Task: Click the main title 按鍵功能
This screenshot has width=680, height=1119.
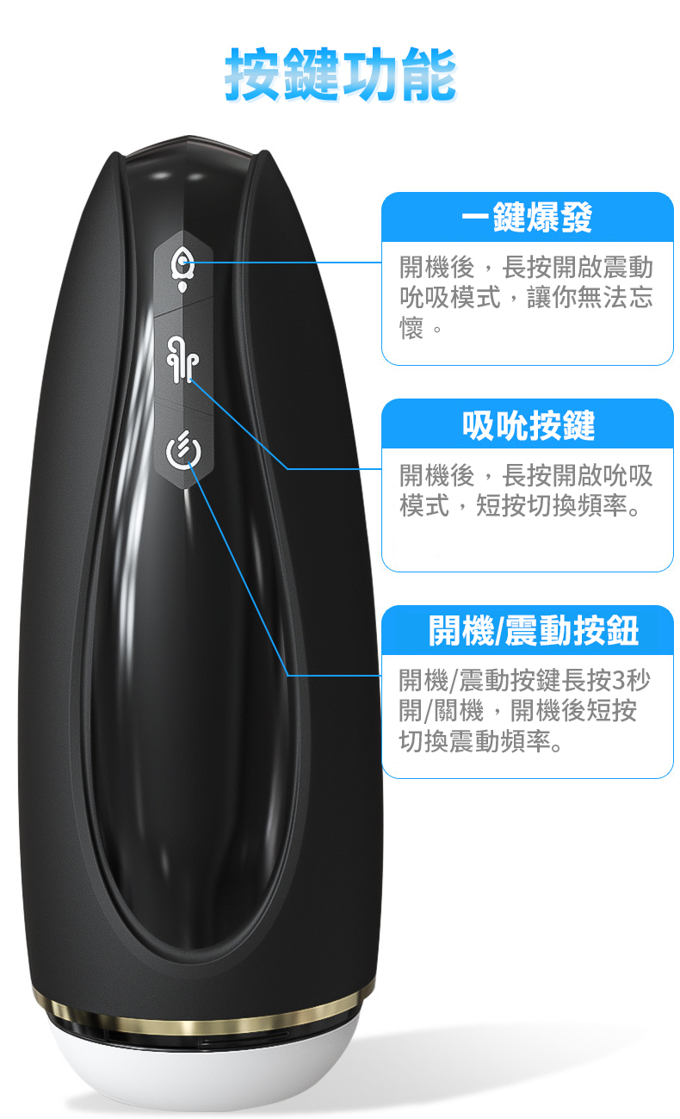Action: click(x=340, y=74)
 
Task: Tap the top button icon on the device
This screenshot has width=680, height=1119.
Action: click(x=182, y=270)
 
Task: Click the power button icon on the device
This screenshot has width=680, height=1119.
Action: click(x=183, y=450)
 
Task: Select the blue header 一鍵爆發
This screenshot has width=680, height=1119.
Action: click(x=527, y=217)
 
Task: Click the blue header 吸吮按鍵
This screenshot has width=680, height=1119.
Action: click(x=529, y=425)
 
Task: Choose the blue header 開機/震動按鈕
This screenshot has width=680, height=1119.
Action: click(x=533, y=630)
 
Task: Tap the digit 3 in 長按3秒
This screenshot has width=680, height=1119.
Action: click(x=619, y=680)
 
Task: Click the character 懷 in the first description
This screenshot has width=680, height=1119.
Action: click(x=411, y=328)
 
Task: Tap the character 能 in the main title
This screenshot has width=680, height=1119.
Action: click(x=428, y=74)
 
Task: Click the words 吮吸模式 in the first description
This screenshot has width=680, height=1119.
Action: click(x=449, y=297)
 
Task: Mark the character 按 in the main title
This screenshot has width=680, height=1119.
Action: click(x=253, y=74)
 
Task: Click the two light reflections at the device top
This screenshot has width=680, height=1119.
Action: click(x=178, y=176)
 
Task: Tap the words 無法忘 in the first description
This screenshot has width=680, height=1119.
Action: click(x=615, y=297)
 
